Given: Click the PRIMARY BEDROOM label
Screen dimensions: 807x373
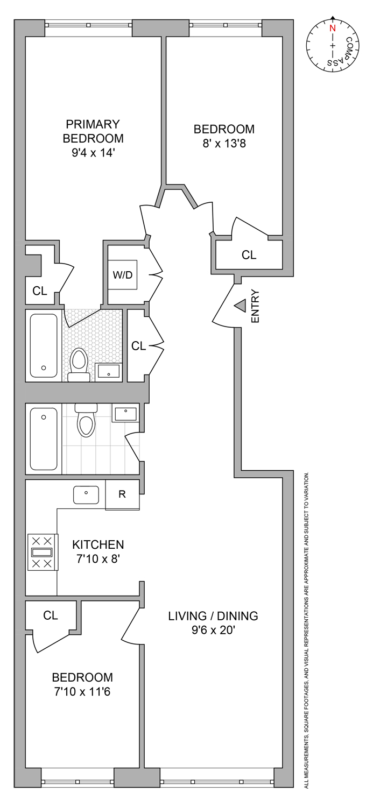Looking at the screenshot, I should point(93,131).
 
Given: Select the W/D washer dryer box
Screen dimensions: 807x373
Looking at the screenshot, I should point(122,275).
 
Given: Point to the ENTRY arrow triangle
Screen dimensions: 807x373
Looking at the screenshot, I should point(240,306).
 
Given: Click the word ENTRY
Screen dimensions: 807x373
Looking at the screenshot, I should point(255,307).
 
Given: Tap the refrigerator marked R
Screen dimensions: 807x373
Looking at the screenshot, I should point(122,494).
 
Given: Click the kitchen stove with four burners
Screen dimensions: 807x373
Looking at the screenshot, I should point(43,552).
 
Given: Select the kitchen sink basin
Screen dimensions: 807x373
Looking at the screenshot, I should point(86,494).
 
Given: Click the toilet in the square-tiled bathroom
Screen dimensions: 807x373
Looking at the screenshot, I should point(86,421).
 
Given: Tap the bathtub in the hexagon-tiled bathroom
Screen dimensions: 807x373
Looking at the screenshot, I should point(44,345).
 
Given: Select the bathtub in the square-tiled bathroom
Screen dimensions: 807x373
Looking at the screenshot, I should point(44,439).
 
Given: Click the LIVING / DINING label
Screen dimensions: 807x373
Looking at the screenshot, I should point(213,616).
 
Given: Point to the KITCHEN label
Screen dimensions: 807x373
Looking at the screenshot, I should point(98,544).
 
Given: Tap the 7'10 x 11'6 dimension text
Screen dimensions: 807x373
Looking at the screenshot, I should point(82,692).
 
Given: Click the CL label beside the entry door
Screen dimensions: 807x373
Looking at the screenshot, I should point(249,255).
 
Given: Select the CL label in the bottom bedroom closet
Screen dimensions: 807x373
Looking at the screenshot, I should point(51,615).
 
